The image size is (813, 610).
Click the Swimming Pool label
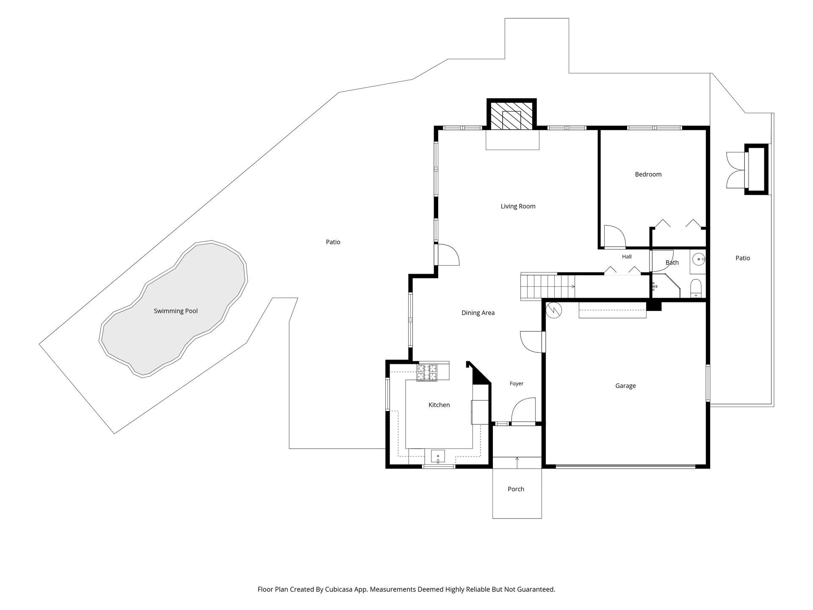(176, 311)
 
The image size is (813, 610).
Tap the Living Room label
(518, 206)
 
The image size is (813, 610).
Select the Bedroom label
(648, 174)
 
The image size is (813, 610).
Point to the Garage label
(625, 385)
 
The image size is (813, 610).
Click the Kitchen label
(439, 405)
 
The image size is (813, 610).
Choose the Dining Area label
(478, 313)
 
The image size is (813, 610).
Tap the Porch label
(516, 489)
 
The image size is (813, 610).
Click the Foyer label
(517, 383)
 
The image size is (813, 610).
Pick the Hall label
(627, 257)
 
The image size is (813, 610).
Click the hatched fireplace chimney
(512, 115)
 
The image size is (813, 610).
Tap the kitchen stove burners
(427, 373)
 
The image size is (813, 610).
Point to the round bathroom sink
(698, 258)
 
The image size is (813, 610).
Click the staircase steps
(548, 287)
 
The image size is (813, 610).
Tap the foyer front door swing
(523, 410)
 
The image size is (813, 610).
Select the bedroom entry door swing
(615, 236)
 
